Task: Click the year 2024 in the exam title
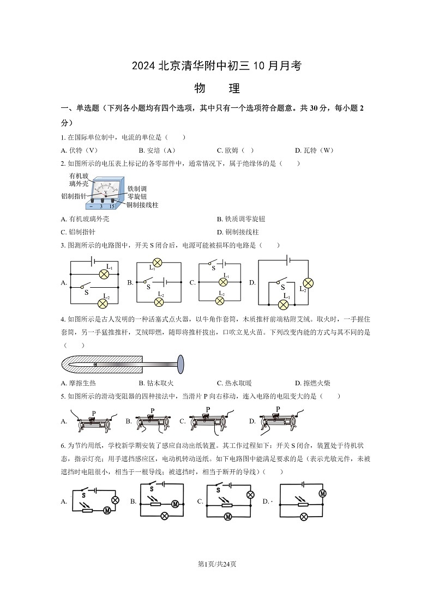[x=143, y=66]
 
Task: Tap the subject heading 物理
[x=216, y=89]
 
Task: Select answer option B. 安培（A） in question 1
[x=157, y=150]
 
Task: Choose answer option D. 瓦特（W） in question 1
[x=314, y=150]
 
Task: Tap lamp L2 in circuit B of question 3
[x=159, y=301]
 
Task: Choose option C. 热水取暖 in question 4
[x=234, y=383]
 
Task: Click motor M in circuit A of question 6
[x=107, y=510]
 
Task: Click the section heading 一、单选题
[x=82, y=108]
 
